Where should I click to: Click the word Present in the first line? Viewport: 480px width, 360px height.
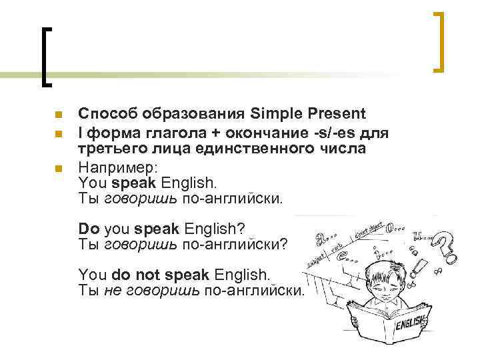pyautogui.click(x=331, y=113)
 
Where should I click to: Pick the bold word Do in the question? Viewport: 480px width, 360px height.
pyautogui.click(x=88, y=229)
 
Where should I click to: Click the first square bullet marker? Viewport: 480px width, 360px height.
pyautogui.click(x=59, y=114)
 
